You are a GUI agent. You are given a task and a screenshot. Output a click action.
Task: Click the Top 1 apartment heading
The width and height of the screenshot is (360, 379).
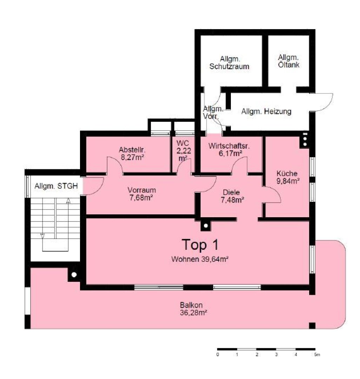tap(200, 245)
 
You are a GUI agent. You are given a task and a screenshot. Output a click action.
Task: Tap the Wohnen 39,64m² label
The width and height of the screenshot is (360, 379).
tap(200, 259)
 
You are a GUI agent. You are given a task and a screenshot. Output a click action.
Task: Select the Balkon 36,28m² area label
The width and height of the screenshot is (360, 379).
tap(193, 309)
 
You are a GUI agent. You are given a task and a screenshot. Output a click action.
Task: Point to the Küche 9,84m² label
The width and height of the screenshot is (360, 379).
tap(288, 177)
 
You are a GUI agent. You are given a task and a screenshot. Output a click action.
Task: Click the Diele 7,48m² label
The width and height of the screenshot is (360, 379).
tap(232, 196)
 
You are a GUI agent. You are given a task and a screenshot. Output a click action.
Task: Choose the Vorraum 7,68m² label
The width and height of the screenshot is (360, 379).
tap(142, 194)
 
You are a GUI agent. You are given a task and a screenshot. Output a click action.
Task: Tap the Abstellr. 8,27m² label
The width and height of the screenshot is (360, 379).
tap(132, 153)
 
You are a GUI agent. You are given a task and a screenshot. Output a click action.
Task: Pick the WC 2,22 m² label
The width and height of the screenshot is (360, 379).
tap(184, 151)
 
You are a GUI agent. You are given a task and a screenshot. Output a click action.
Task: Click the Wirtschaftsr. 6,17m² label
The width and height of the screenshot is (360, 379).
tap(229, 149)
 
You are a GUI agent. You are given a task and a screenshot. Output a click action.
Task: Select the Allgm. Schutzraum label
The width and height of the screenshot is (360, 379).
tap(229, 62)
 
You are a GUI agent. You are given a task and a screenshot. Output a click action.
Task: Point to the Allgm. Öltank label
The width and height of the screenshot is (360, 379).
tap(288, 61)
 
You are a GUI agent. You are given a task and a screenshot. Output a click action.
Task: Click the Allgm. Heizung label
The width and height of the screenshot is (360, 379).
tap(266, 112)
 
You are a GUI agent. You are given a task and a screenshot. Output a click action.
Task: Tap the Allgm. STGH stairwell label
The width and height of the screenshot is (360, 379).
tap(56, 186)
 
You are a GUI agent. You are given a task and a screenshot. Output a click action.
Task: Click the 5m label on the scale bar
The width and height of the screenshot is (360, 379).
tap(317, 354)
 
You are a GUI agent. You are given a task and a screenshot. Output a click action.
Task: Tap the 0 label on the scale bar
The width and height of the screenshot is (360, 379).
tap(218, 354)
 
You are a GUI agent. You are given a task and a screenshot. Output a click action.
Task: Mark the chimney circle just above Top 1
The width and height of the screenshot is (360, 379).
tap(206, 226)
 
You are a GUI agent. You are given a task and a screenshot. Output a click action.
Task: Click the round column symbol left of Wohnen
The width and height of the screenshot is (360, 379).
tap(74, 275)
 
